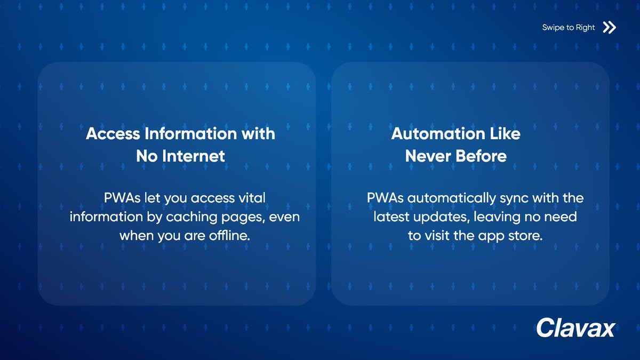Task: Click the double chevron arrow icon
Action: (x=609, y=28)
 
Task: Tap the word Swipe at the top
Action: (x=554, y=28)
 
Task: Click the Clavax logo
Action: (x=575, y=327)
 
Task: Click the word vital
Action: (x=251, y=198)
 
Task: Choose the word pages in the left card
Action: (x=253, y=217)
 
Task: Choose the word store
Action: (x=526, y=236)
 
